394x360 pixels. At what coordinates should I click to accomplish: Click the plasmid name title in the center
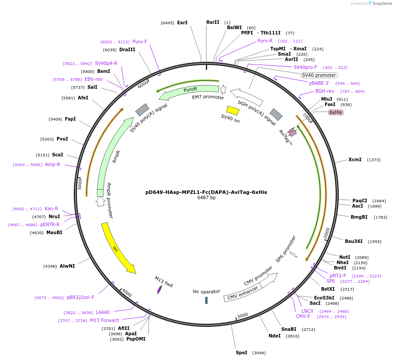pos(206,192)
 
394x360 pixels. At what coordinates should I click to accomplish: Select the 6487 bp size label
pos(206,198)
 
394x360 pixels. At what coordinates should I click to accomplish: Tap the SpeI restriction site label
pos(242,352)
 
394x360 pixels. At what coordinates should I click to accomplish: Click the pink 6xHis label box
pos(336,112)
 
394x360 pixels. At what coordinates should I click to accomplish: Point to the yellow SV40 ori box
pos(232,110)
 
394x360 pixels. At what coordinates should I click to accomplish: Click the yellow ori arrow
pos(118,247)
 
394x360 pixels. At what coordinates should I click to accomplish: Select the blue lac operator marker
pos(206,300)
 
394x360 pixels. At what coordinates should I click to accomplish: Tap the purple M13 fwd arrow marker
pos(159,289)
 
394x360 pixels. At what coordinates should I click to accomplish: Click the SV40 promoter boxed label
pos(319,75)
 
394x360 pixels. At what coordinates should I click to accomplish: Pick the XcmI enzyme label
pos(355,159)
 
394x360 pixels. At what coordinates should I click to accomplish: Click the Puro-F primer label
pos(140,42)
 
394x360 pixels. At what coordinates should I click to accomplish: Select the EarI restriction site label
pos(182,22)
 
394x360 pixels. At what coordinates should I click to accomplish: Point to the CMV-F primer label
pos(303,316)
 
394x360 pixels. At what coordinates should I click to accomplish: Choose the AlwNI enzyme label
pos(67,266)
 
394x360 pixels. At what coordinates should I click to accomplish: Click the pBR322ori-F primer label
pos(80,297)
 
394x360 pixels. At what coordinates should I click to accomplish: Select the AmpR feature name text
pos(116,157)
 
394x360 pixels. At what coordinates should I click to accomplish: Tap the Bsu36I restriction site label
pos(354,241)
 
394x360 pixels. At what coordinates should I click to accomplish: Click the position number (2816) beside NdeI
pos(292,336)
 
